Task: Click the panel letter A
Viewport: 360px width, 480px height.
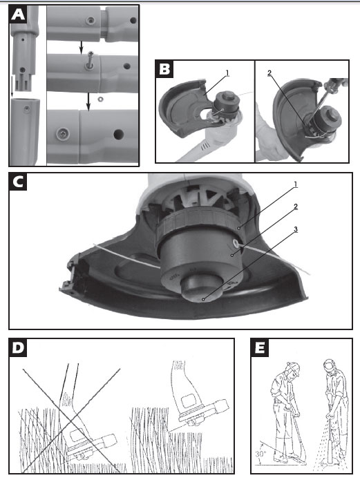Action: tap(18, 14)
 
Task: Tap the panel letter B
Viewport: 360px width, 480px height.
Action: tap(164, 69)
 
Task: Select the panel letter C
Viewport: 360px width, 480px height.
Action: tap(18, 182)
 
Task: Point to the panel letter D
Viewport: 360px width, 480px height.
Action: tap(18, 348)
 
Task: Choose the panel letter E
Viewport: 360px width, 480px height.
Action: tap(260, 348)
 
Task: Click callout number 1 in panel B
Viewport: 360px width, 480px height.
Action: tap(227, 73)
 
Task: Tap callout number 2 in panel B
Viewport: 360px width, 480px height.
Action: tap(269, 73)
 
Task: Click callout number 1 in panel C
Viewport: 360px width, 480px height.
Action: tap(295, 184)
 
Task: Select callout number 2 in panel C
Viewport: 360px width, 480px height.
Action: tap(295, 207)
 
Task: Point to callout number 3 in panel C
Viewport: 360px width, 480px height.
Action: tap(295, 229)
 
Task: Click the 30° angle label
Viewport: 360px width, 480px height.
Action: tap(260, 454)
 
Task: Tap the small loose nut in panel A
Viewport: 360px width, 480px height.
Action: tap(100, 99)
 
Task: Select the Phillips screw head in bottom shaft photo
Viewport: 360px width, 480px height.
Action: tap(63, 133)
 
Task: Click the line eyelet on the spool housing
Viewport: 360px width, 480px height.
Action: tap(236, 243)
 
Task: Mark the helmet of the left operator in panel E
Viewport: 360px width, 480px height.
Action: tap(293, 368)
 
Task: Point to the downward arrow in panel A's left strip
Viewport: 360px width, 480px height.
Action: tap(12, 86)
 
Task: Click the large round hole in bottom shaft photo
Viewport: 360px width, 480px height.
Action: tap(118, 134)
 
